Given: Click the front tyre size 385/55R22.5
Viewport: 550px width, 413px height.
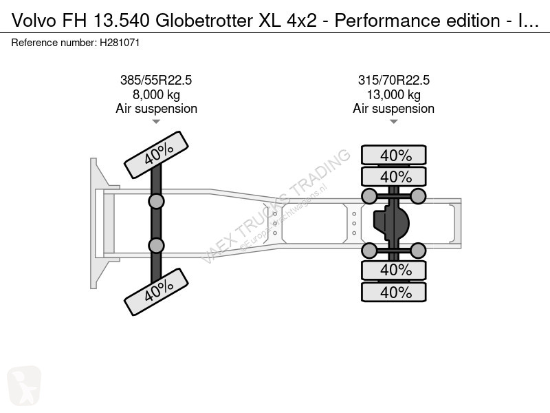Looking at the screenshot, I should (x=156, y=80).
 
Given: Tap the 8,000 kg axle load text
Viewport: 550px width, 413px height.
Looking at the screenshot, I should (x=156, y=94).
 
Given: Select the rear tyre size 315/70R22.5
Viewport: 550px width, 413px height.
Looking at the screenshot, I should (x=393, y=80).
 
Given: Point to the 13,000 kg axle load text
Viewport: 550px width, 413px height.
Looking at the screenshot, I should (x=393, y=94).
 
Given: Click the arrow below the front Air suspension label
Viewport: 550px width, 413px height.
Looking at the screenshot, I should (x=156, y=122).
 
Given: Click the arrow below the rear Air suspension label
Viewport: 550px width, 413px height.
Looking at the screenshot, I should (x=393, y=122).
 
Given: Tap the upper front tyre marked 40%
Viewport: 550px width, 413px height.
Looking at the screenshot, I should (x=156, y=156).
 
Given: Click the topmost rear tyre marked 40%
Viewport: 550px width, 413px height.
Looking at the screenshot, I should (x=393, y=155).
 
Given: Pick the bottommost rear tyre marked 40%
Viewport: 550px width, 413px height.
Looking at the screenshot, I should (x=393, y=292).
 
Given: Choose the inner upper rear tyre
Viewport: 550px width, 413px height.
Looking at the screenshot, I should (x=393, y=176).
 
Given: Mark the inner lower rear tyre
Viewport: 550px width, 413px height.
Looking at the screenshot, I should (x=393, y=269).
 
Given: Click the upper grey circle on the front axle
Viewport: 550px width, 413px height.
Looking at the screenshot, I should (x=157, y=201).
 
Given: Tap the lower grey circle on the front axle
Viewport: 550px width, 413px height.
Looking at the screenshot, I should (x=157, y=245).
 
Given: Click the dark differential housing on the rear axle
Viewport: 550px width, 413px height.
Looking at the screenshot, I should (x=390, y=222).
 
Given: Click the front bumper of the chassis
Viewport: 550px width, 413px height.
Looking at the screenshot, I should (x=96, y=222).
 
